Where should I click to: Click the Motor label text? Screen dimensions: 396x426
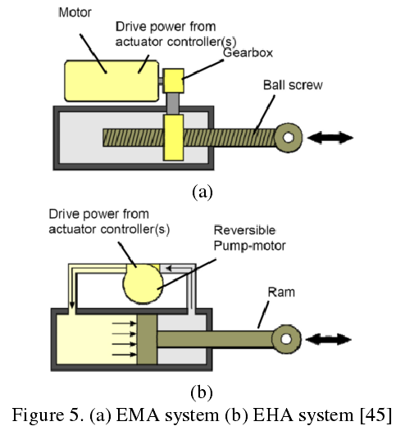pyautogui.click(x=75, y=12)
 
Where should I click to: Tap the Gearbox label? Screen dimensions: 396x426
pyautogui.click(x=248, y=52)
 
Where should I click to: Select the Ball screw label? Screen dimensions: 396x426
pyautogui.click(x=293, y=85)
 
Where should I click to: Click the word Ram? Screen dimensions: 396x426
pyautogui.click(x=281, y=292)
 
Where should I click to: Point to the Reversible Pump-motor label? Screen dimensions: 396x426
pyautogui.click(x=249, y=238)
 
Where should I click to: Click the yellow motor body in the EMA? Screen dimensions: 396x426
pyautogui.click(x=112, y=81)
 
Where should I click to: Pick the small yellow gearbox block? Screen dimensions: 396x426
pyautogui.click(x=174, y=80)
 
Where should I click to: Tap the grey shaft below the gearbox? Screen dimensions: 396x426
pyautogui.click(x=173, y=103)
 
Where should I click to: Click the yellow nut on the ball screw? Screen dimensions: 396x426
pyautogui.click(x=173, y=138)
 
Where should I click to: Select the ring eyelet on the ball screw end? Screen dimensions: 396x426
pyautogui.click(x=289, y=138)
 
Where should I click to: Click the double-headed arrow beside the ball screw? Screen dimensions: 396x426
pyautogui.click(x=330, y=138)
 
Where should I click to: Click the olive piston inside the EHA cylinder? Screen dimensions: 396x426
pyautogui.click(x=147, y=339)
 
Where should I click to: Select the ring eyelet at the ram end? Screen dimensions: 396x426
pyautogui.click(x=286, y=339)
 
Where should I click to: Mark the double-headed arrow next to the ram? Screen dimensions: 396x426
pyautogui.click(x=328, y=339)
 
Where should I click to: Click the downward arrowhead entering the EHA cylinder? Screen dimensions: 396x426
pyautogui.click(x=72, y=305)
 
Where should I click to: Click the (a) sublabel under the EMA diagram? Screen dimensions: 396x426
pyautogui.click(x=203, y=192)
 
